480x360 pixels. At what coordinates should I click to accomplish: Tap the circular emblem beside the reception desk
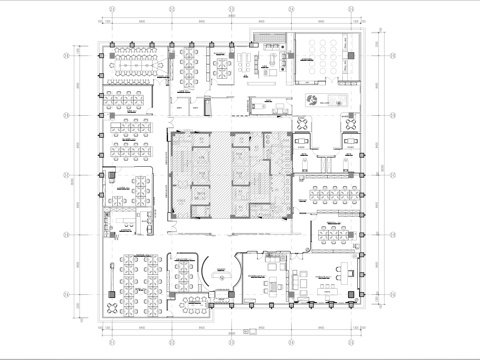pyautogui.click(x=313, y=99)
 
